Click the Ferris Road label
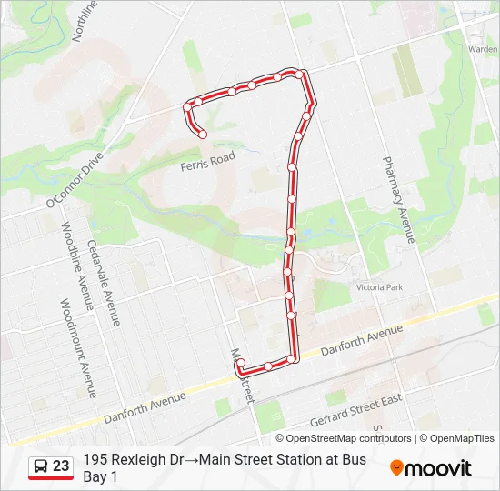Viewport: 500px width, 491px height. click(207, 162)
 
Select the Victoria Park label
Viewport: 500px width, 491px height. click(378, 287)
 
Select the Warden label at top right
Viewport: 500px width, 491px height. click(482, 49)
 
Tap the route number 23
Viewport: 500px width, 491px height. click(61, 466)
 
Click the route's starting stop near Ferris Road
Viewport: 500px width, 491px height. click(203, 135)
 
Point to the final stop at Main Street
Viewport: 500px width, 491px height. click(240, 365)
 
